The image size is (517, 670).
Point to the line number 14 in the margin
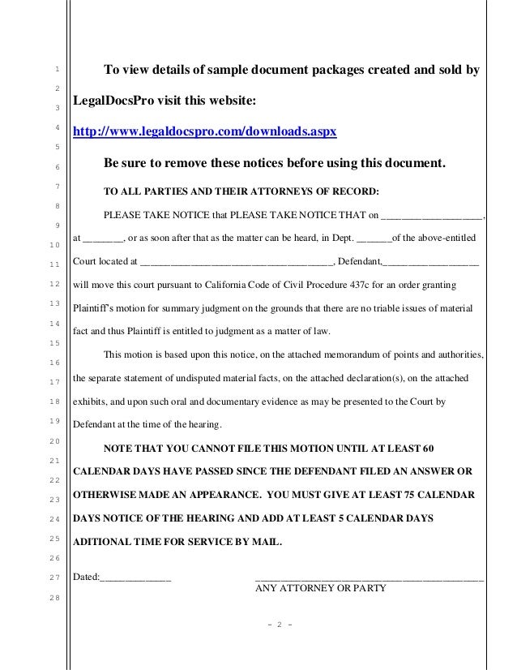(x=54, y=324)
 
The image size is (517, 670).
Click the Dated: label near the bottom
(x=86, y=578)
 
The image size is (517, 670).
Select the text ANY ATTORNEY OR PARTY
(x=321, y=590)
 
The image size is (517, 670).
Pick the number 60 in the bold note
(x=429, y=449)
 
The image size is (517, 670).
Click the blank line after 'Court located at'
(x=236, y=263)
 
